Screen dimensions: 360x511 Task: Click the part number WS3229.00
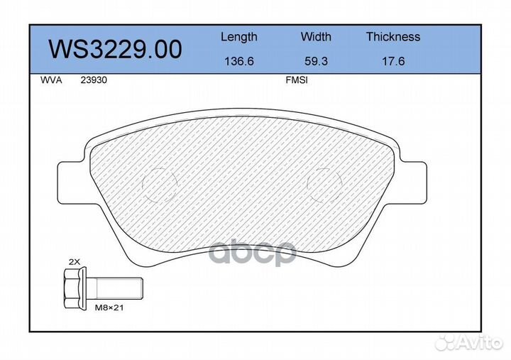[x=114, y=49]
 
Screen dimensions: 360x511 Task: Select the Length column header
[x=238, y=37]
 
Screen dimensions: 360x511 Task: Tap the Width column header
[x=316, y=37]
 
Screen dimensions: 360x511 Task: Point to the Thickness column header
[x=392, y=37]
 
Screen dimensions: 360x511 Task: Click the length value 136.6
[x=238, y=62]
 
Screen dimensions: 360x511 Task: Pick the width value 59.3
[x=316, y=62]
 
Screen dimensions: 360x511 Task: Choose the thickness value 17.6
[x=392, y=62]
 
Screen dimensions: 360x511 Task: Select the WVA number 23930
[x=92, y=81]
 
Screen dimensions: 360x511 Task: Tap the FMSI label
[x=295, y=81]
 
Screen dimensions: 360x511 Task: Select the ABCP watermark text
[x=251, y=251]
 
